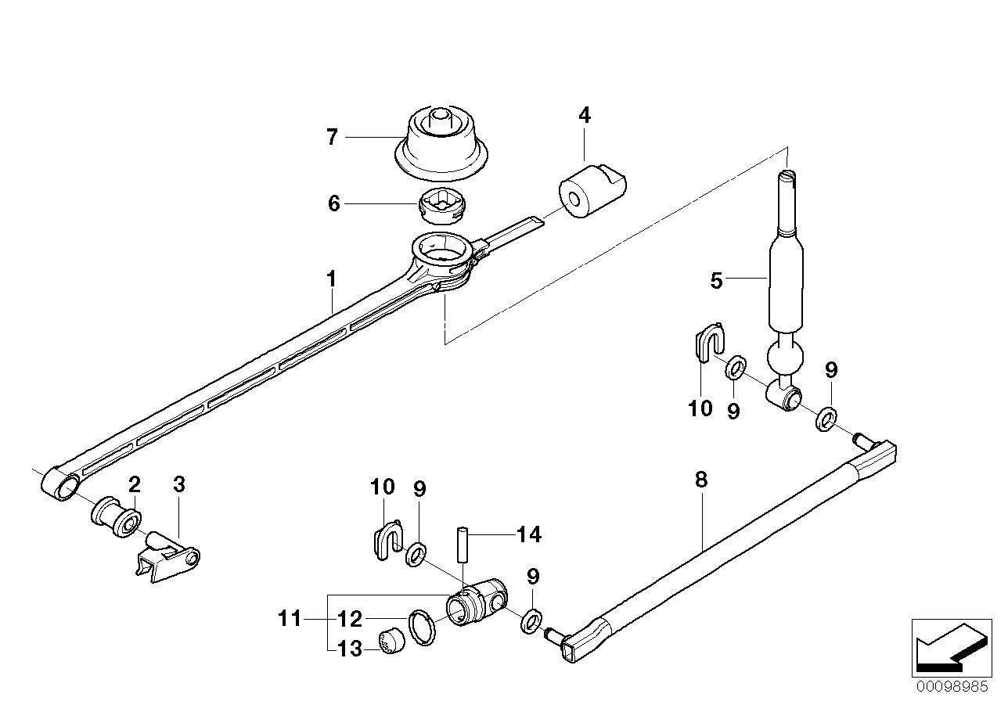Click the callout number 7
pyautogui.click(x=332, y=138)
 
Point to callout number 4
pyautogui.click(x=585, y=115)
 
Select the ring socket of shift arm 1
pyautogui.click(x=441, y=254)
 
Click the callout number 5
pyautogui.click(x=716, y=280)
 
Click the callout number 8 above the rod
pyautogui.click(x=700, y=480)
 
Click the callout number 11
pyautogui.click(x=290, y=620)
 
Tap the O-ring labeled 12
pyautogui.click(x=421, y=627)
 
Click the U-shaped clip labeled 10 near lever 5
pyautogui.click(x=707, y=343)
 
